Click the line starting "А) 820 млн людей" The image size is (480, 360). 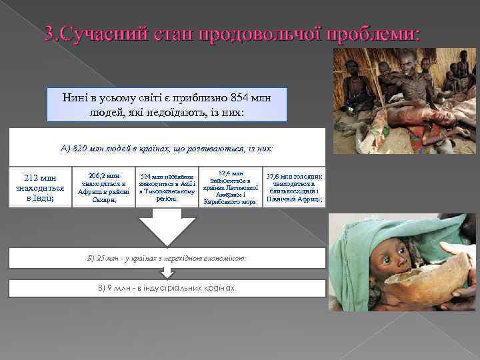pos(167,147)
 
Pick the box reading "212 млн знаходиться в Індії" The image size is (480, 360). pos(39,187)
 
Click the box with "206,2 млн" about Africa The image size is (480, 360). pos(103,187)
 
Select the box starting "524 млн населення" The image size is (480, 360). pos(167,187)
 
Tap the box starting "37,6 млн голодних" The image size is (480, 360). pos(294,187)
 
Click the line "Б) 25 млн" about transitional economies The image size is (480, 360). pos(167,257)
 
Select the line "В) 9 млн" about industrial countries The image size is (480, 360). pos(167,288)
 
